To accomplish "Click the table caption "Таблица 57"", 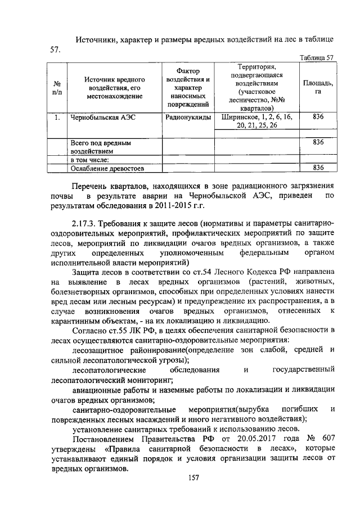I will (317, 57).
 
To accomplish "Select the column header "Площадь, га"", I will (318, 87).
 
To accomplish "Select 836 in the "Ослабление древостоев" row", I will (318, 168).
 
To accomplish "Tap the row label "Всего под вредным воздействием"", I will (100, 147).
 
